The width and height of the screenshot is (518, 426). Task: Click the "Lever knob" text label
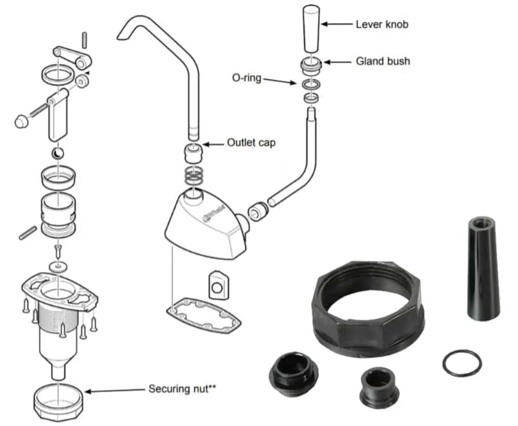[382, 24]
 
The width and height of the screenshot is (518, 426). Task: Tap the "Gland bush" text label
[383, 61]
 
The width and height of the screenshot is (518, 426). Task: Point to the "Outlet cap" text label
[251, 142]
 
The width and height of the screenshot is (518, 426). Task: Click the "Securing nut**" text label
[182, 388]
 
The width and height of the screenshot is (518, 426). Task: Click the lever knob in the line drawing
[310, 28]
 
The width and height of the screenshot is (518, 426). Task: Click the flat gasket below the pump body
[204, 316]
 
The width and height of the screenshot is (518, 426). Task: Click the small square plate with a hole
[218, 284]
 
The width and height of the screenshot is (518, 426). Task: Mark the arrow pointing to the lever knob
[337, 24]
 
